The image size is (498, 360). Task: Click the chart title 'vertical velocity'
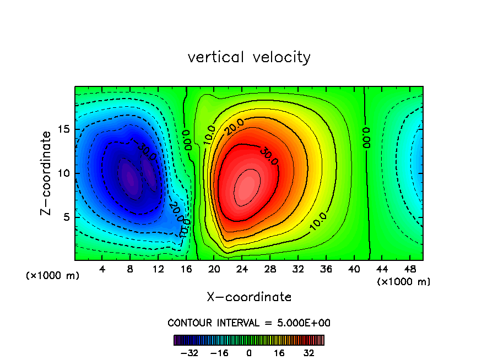(249, 57)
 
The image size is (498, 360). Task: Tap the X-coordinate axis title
(249, 297)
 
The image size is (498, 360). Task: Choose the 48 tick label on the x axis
(409, 269)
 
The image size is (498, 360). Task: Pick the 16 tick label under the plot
(186, 269)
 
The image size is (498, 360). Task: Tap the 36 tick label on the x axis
(325, 269)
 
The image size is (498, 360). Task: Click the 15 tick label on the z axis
(64, 129)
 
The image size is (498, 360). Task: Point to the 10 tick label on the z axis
(64, 173)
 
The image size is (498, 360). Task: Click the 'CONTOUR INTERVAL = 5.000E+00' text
(249, 323)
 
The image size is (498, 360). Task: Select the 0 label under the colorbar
(249, 352)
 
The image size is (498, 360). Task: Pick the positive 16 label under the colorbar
(279, 352)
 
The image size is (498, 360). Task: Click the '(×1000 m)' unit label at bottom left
(52, 276)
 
